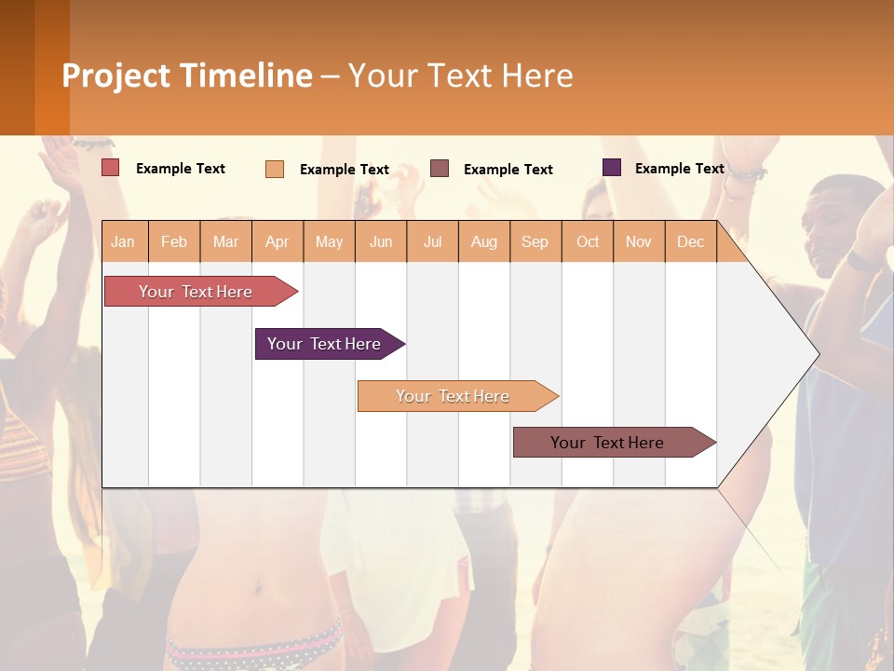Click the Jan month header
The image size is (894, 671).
(x=123, y=241)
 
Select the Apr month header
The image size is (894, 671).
(x=278, y=241)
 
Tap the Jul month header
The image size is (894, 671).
(x=432, y=241)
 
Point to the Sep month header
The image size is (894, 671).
(x=535, y=241)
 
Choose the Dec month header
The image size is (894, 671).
(x=690, y=241)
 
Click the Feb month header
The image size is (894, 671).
(x=174, y=241)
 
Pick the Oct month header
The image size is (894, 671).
(x=588, y=241)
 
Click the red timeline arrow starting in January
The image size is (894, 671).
(x=196, y=292)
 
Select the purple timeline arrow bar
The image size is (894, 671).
(x=324, y=344)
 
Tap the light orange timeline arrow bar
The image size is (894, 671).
(x=453, y=396)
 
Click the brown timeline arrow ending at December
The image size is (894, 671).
(x=607, y=443)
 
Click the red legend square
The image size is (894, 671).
(x=110, y=168)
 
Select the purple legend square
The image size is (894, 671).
(x=611, y=168)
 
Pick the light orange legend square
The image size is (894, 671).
(x=274, y=169)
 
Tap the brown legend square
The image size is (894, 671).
(x=440, y=169)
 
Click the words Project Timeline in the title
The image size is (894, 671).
(x=187, y=75)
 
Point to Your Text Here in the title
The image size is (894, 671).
(x=461, y=75)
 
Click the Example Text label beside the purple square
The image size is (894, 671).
(x=679, y=169)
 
